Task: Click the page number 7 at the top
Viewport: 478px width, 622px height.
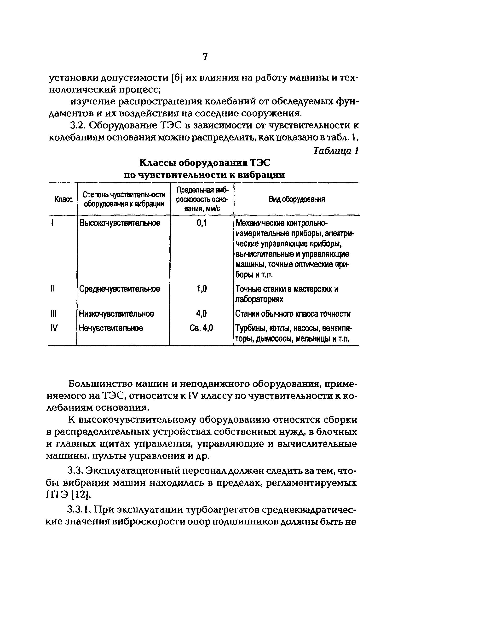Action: tap(205, 57)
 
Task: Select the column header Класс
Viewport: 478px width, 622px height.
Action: tap(63, 199)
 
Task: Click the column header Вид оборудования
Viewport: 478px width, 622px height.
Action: tap(296, 199)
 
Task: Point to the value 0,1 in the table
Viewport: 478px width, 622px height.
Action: tap(202, 223)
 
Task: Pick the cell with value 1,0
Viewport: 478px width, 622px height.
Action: tap(202, 289)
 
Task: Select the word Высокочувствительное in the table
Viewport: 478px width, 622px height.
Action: tap(120, 223)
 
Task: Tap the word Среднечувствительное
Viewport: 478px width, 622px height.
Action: tap(120, 289)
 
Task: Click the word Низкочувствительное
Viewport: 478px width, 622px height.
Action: tap(116, 314)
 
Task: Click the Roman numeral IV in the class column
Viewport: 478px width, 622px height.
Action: tap(54, 328)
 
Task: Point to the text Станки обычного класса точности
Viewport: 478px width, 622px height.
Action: tap(293, 314)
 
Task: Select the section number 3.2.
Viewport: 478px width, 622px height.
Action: tap(79, 126)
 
